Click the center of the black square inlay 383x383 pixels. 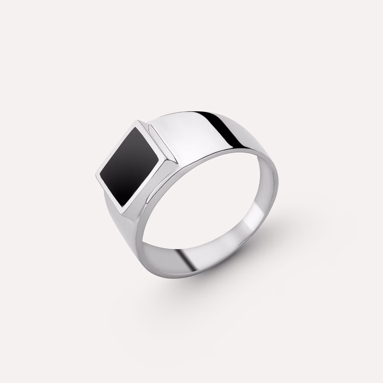130,165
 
